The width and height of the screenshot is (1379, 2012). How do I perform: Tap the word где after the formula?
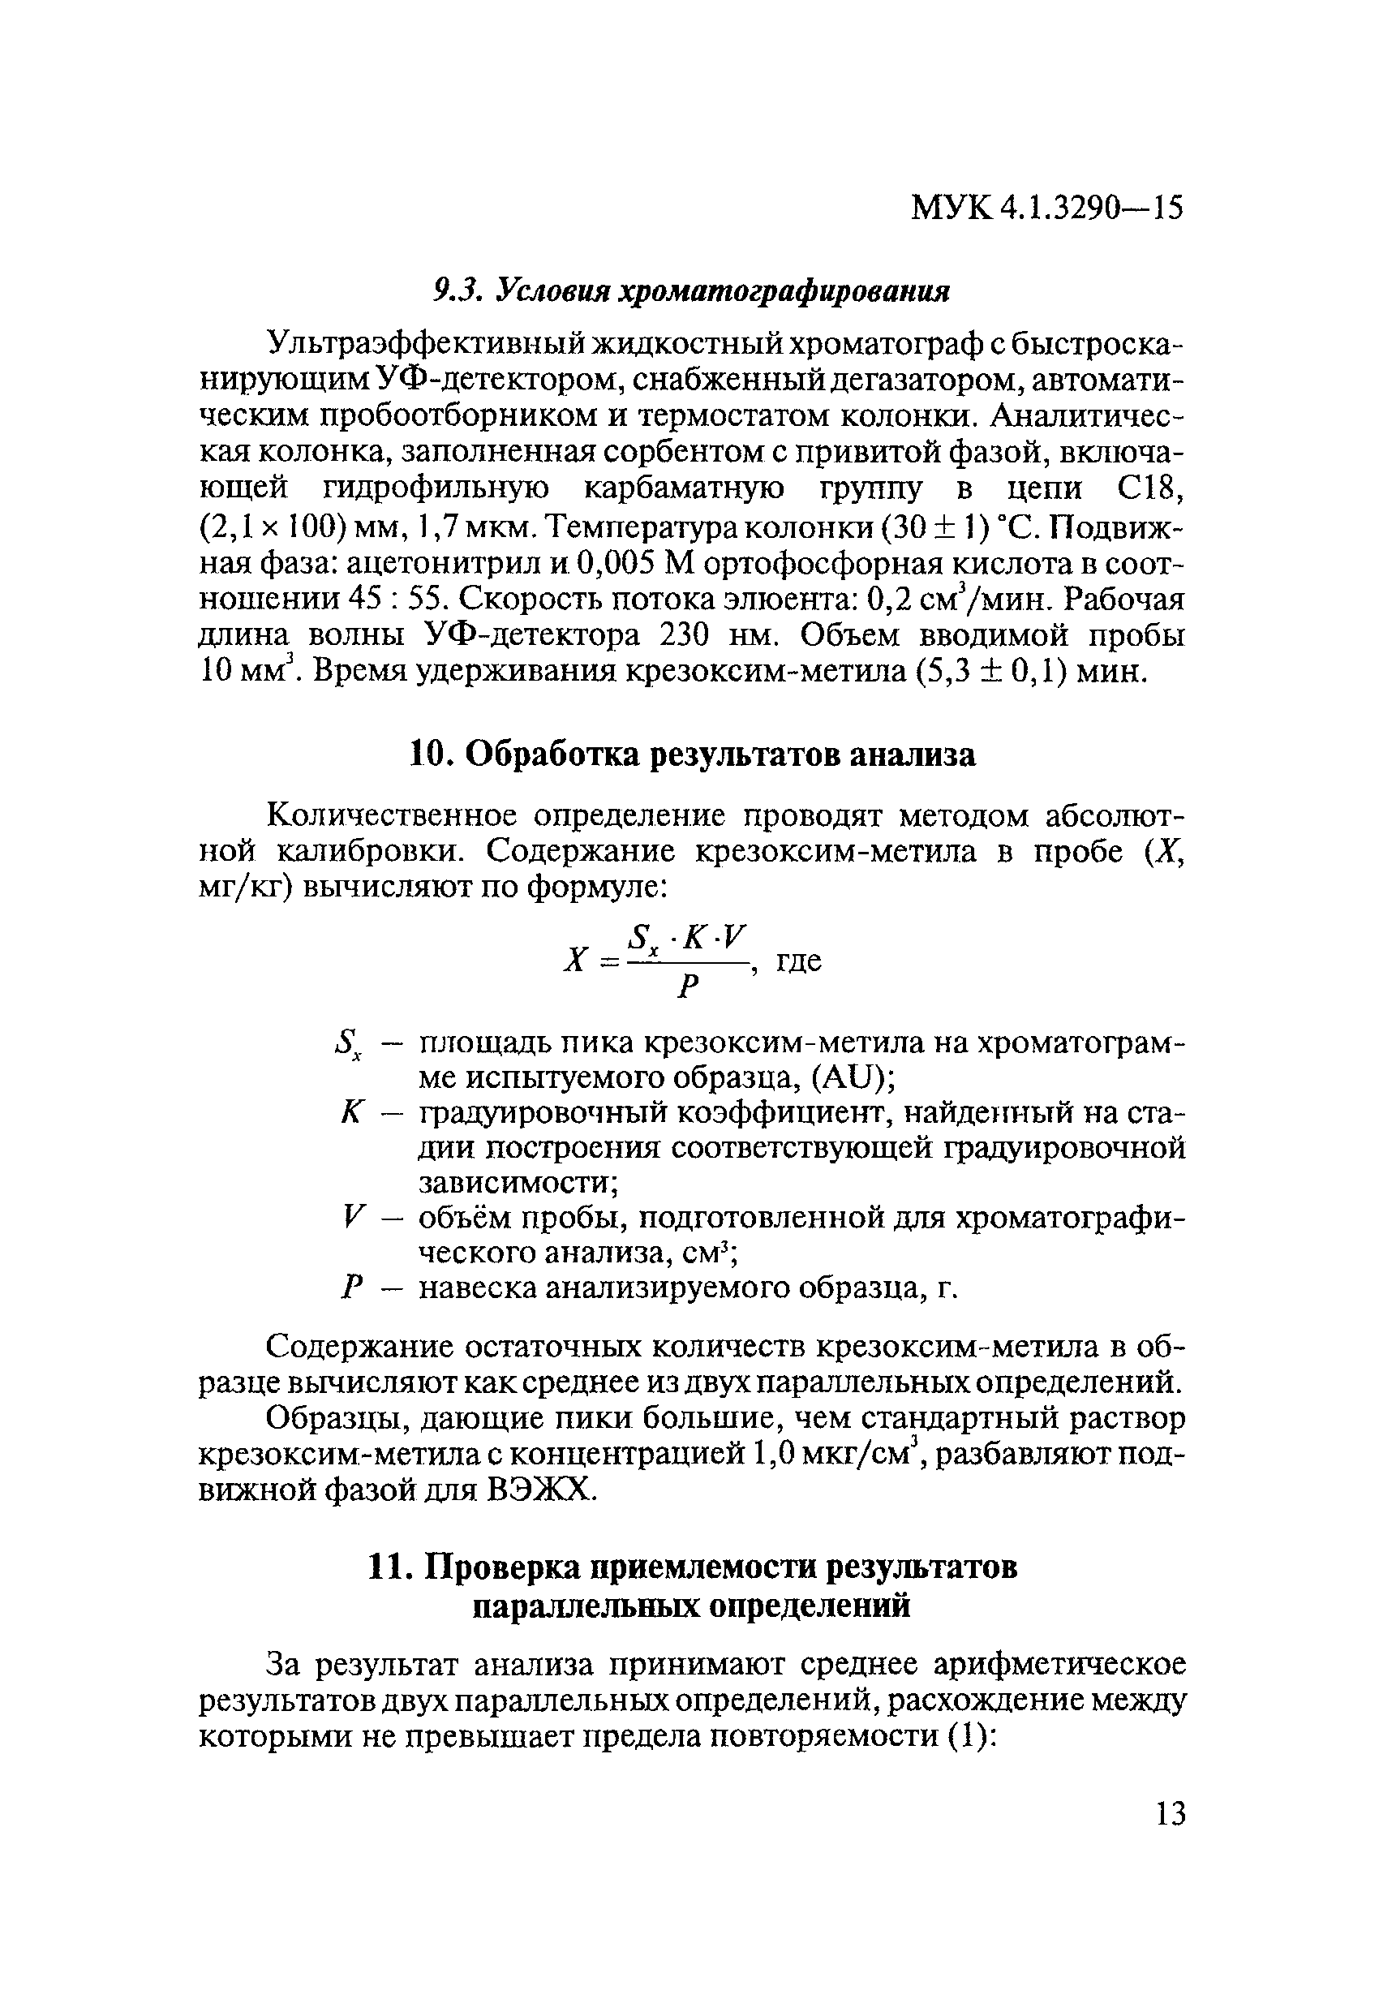coord(797,961)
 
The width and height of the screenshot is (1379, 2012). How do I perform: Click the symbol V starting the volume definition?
coord(350,1219)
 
